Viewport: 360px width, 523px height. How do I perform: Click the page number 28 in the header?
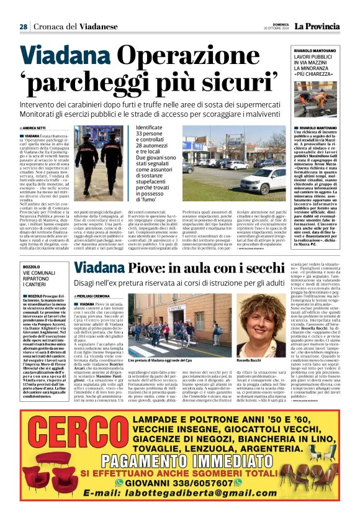pos(23,27)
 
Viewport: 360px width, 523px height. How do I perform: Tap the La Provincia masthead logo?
pos(317,26)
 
